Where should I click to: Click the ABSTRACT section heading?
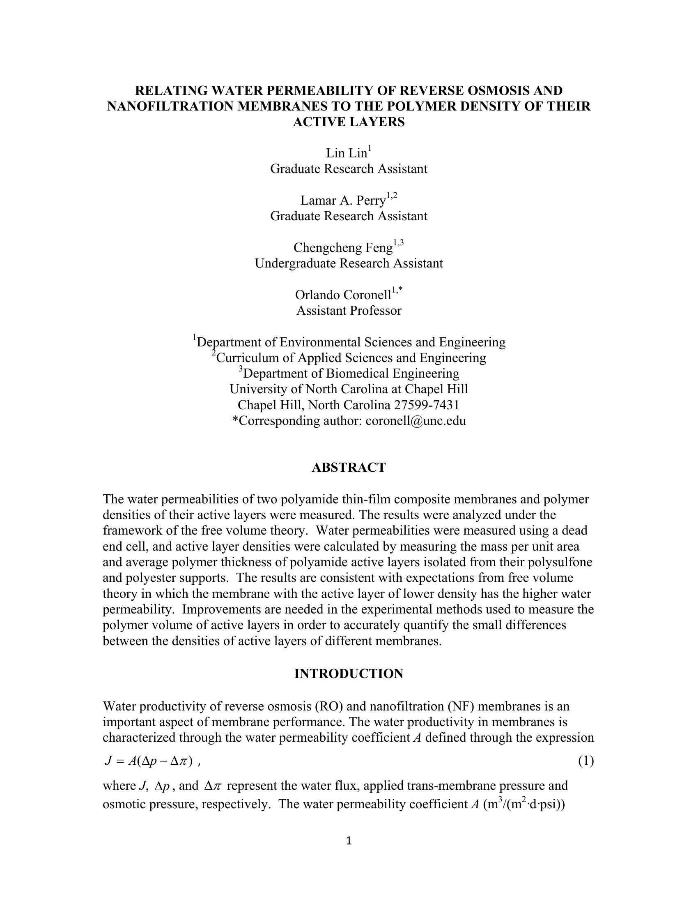[349, 468]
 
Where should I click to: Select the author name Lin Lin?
[347, 154]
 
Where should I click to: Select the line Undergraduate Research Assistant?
[349, 264]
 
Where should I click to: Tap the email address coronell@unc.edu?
[416, 421]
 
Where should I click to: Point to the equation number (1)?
[585, 761]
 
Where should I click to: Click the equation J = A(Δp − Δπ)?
[149, 761]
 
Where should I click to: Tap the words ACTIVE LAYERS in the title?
[349, 122]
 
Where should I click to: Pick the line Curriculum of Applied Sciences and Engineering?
[351, 358]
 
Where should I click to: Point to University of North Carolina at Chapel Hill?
[349, 390]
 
